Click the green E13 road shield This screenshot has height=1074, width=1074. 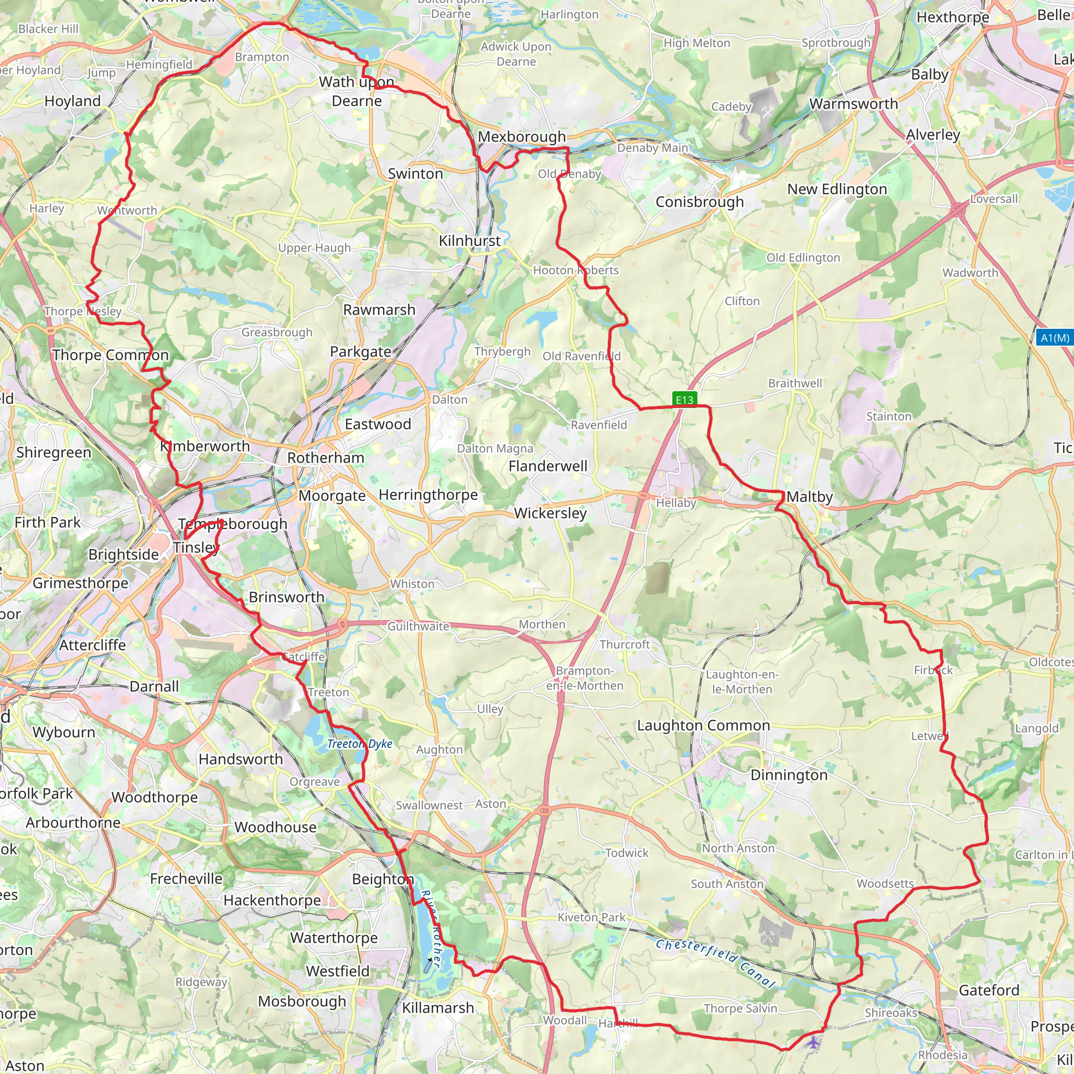[x=684, y=399]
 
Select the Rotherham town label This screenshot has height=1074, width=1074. [x=326, y=457]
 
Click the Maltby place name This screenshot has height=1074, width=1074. [x=809, y=497]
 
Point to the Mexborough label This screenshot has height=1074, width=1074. [x=521, y=136]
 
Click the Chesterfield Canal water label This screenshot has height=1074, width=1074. [x=715, y=962]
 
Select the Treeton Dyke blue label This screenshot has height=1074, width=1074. [x=360, y=744]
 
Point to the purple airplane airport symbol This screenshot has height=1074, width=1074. [x=813, y=1042]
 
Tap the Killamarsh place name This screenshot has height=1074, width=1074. [x=438, y=1007]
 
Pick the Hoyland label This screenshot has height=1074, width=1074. [x=72, y=101]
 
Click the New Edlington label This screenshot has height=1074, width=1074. [x=836, y=189]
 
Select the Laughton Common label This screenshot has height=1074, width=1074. [x=703, y=725]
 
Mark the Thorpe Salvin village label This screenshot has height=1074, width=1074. [x=740, y=1008]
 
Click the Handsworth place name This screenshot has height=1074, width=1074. [x=241, y=759]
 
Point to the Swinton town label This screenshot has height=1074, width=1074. [x=415, y=174]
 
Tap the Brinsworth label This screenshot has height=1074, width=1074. [x=286, y=596]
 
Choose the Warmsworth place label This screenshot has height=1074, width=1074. [x=853, y=103]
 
